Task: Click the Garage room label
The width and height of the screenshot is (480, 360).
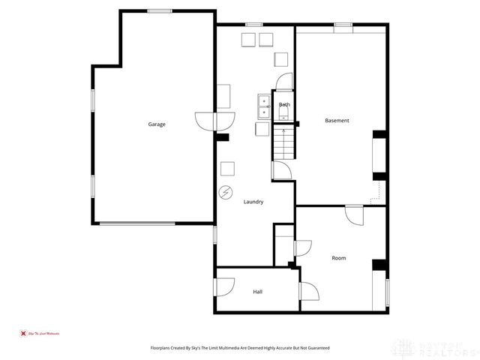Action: point(156,124)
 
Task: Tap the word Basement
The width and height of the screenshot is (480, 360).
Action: point(337,121)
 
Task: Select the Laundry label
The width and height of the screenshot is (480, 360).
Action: point(253,202)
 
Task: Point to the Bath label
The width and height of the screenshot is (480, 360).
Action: point(284,105)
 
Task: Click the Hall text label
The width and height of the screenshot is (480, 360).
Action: point(257,291)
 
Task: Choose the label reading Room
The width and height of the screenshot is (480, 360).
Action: point(339,258)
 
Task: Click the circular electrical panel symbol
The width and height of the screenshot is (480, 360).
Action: point(225,192)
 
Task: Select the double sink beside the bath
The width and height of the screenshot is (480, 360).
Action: point(263,107)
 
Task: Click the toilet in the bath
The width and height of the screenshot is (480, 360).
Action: point(285,115)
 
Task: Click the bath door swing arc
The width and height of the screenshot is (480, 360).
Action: point(283,83)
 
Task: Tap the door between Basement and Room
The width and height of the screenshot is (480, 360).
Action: point(355,214)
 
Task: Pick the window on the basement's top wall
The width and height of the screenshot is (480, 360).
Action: point(343,25)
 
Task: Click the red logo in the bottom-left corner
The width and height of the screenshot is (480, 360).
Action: point(22,332)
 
